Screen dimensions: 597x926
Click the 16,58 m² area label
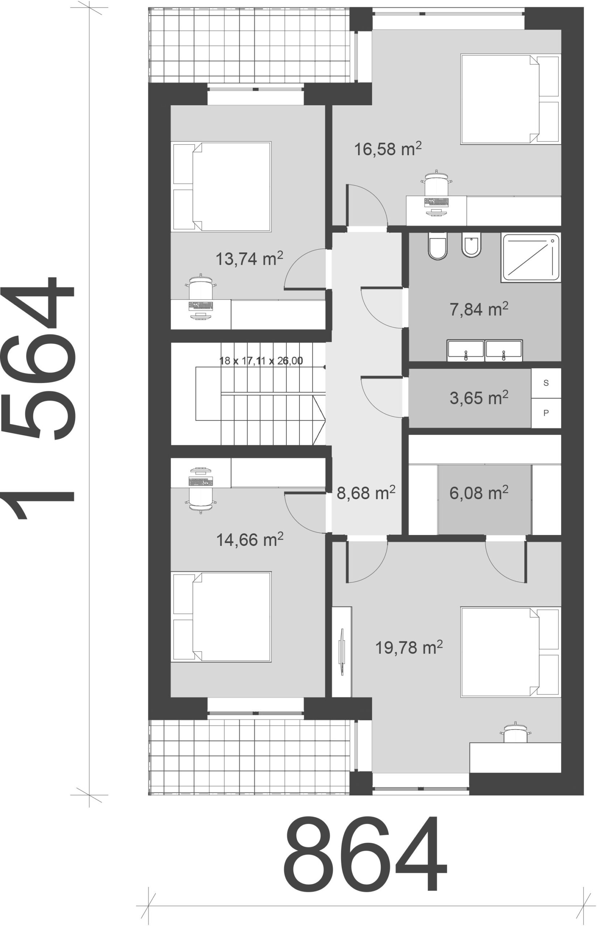click(388, 149)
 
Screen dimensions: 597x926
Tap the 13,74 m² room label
click(249, 259)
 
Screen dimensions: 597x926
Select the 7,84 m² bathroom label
click(479, 309)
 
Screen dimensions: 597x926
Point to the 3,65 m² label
click(479, 398)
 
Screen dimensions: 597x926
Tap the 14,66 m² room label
click(250, 539)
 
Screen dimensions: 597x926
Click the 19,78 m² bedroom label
click(409, 647)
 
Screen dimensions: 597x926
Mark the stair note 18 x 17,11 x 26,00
click(261, 361)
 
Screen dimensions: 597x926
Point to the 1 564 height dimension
click(38, 398)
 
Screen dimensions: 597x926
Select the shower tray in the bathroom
click(531, 258)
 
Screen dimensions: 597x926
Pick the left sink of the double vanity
click(466, 351)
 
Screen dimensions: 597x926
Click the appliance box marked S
click(546, 383)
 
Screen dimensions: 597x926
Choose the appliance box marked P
click(546, 413)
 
